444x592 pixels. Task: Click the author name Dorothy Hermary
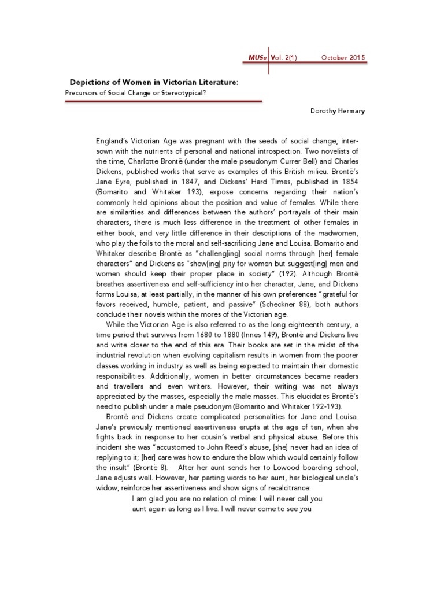point(336,111)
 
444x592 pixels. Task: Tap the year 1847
point(205,182)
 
